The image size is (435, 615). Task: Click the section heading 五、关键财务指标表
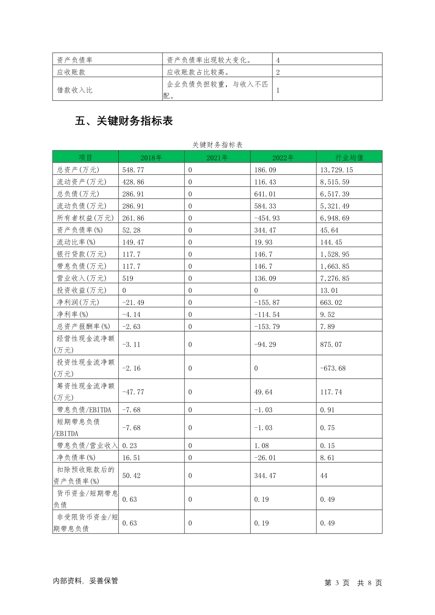point(123,121)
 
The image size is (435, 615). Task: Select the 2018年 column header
point(151,158)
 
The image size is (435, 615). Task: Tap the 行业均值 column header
point(349,158)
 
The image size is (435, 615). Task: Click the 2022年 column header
point(283,158)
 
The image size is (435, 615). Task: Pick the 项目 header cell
point(85,158)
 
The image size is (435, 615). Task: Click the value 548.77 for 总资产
point(133,170)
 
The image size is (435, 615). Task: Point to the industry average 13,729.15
point(336,170)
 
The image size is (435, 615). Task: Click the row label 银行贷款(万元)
point(81,254)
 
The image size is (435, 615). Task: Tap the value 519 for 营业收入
point(128,278)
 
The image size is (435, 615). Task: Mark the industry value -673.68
point(333,368)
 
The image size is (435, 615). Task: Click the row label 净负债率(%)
point(76,458)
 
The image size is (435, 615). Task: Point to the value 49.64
point(263,392)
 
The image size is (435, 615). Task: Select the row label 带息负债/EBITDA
point(84,410)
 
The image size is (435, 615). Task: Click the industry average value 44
point(324,475)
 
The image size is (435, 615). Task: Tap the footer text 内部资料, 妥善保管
point(85,581)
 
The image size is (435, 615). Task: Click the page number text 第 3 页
point(337,583)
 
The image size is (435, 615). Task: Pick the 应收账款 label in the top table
point(71,72)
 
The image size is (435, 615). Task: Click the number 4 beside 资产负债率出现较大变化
point(278,60)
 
